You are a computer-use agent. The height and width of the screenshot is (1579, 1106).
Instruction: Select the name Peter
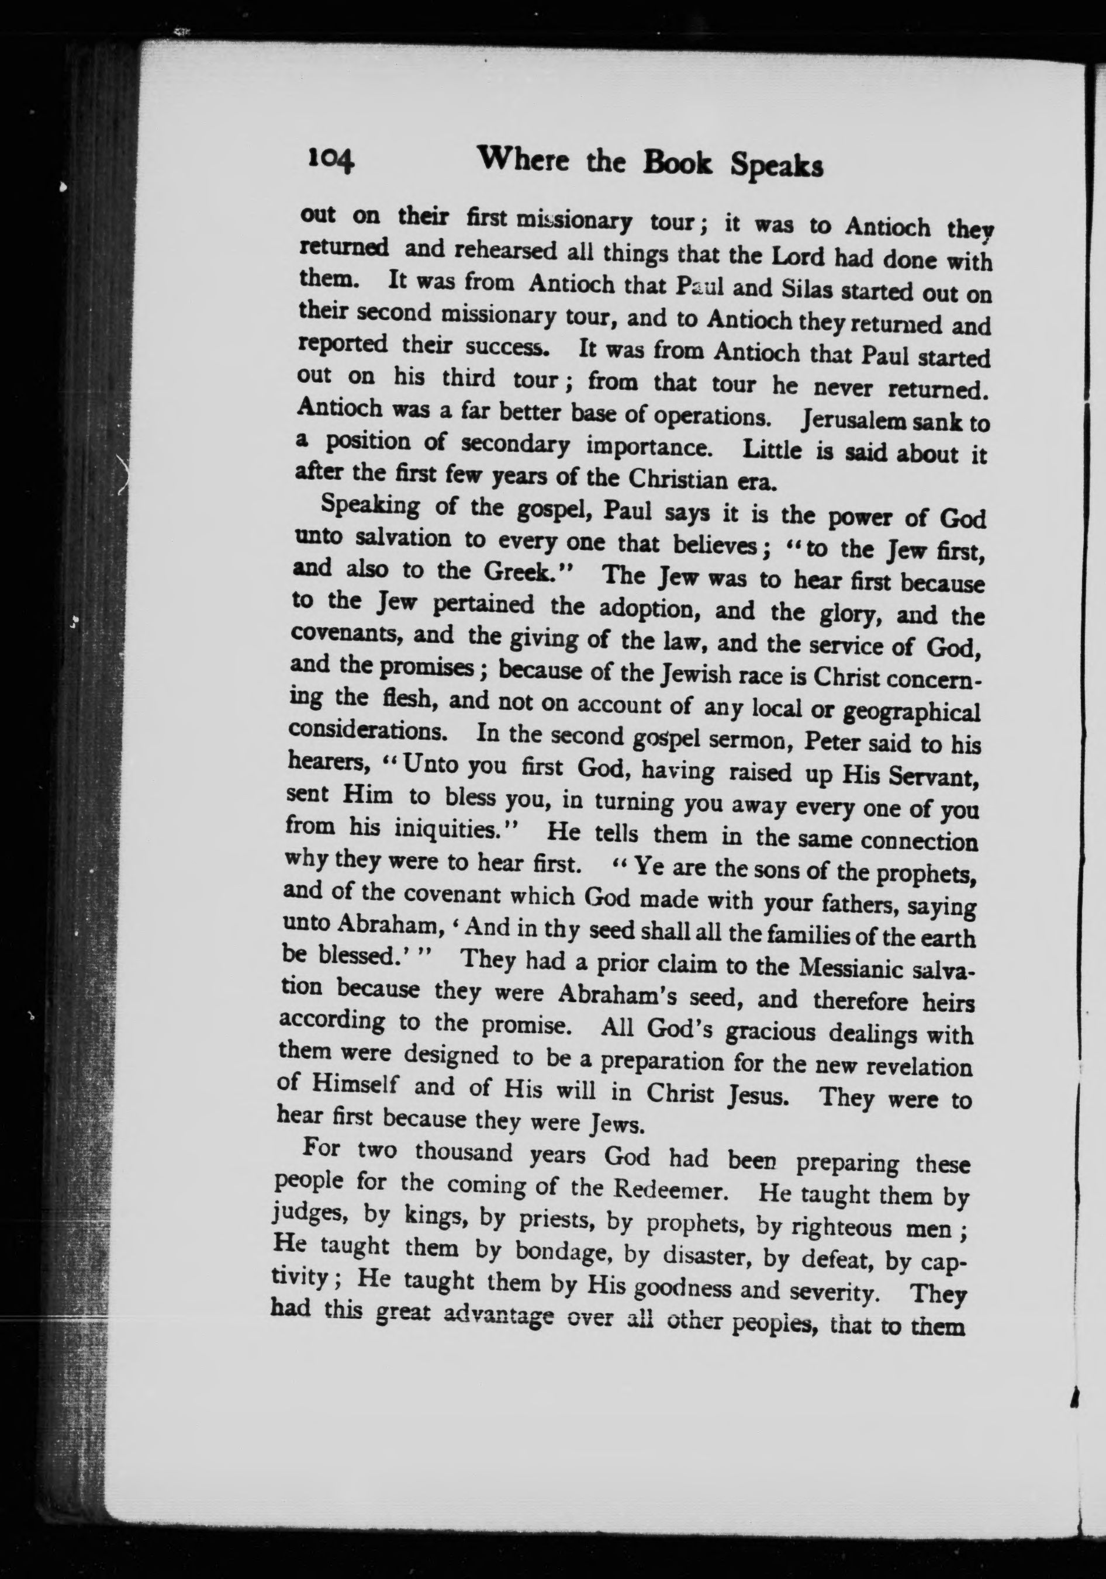[835, 742]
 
